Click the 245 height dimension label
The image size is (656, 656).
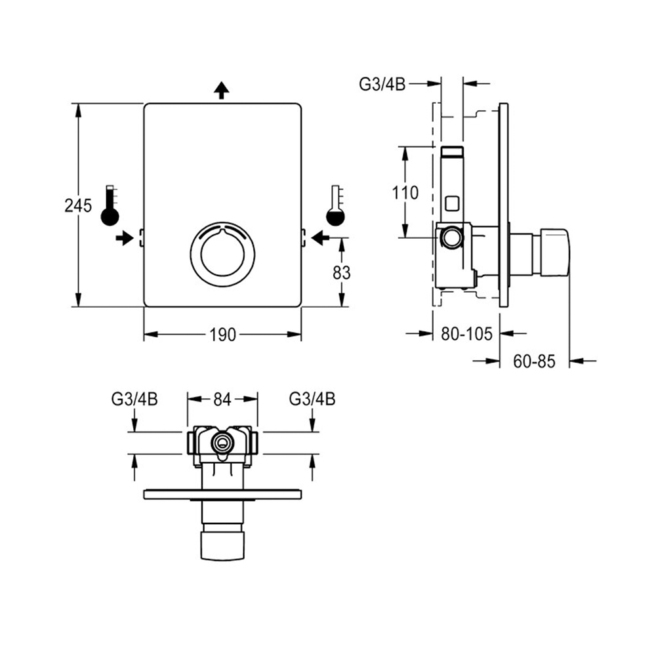point(77,206)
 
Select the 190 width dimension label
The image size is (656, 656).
point(222,335)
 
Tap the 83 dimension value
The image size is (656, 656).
point(342,272)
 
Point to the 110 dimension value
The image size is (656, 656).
point(405,194)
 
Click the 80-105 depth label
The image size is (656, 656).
point(466,334)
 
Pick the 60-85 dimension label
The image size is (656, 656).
point(534,360)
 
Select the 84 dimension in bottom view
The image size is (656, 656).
point(222,398)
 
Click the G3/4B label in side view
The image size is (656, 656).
point(382,83)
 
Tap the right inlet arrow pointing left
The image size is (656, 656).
point(321,237)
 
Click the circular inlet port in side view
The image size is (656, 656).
point(450,237)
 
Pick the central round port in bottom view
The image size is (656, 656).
point(222,443)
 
